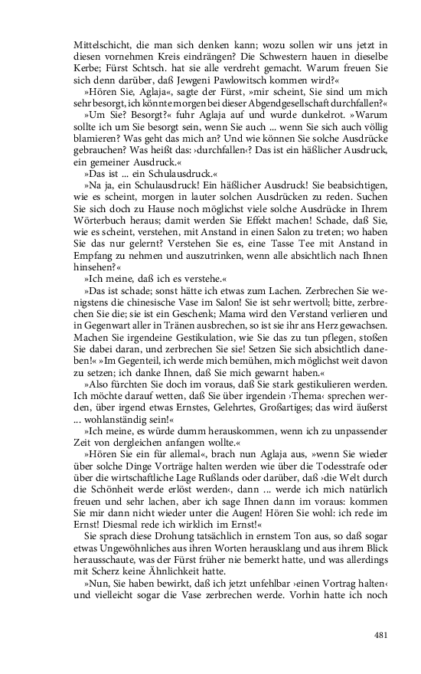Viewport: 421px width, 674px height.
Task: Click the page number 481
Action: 382,634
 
